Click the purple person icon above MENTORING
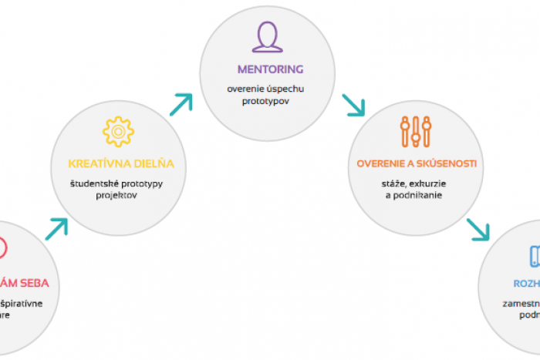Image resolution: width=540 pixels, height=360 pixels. point(267,37)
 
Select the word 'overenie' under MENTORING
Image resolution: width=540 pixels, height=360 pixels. point(244,89)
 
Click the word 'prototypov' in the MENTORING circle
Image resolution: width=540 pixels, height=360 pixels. point(267,102)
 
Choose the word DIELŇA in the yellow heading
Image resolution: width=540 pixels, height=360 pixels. point(155,163)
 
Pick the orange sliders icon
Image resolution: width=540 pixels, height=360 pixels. point(416,132)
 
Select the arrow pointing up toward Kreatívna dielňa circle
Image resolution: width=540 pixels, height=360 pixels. point(57,228)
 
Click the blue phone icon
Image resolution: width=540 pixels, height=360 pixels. point(535,256)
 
